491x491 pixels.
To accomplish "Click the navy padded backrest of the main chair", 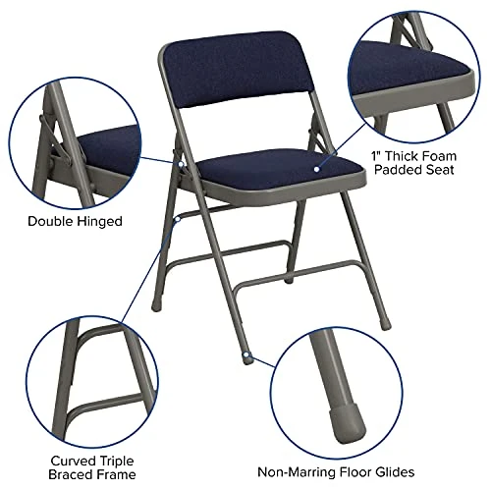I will [x=233, y=69].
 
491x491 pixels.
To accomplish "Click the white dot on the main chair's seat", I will [x=316, y=168].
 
